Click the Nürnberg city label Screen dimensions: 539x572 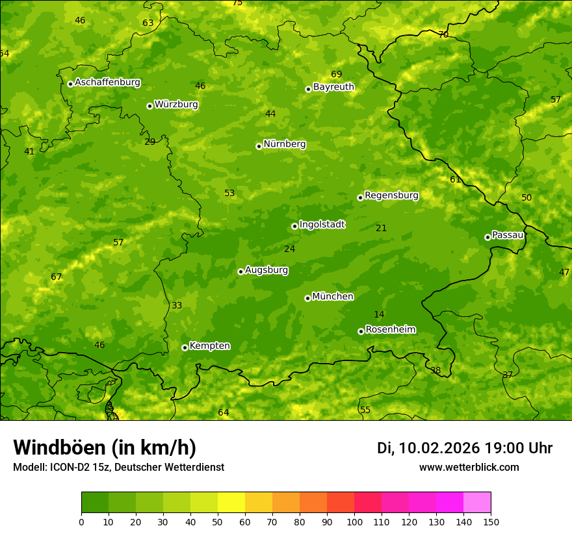click(x=284, y=144)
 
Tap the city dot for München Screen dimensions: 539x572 click(x=307, y=298)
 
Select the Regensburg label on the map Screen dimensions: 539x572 click(x=391, y=195)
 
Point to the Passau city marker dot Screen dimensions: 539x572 click(x=487, y=237)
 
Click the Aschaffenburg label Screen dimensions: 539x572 click(x=107, y=82)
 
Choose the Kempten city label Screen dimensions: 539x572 click(x=209, y=346)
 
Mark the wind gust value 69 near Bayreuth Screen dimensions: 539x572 click(x=336, y=75)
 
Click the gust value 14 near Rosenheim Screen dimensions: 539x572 click(x=379, y=315)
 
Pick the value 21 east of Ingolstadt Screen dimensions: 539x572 click(x=381, y=228)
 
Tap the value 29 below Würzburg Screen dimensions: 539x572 click(x=149, y=142)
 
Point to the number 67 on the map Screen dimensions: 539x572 click(x=57, y=277)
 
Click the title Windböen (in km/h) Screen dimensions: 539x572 click(x=105, y=447)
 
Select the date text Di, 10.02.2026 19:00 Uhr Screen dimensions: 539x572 click(x=465, y=448)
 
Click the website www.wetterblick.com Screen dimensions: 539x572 click(x=469, y=468)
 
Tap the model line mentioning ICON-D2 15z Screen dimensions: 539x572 click(x=118, y=468)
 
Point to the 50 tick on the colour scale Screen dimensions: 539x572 click(x=218, y=521)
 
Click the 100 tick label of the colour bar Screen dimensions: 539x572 click(x=354, y=521)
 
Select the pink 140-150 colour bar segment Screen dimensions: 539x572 click(x=477, y=503)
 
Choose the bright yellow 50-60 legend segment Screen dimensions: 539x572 click(x=231, y=503)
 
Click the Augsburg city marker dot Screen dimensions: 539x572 click(x=240, y=271)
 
